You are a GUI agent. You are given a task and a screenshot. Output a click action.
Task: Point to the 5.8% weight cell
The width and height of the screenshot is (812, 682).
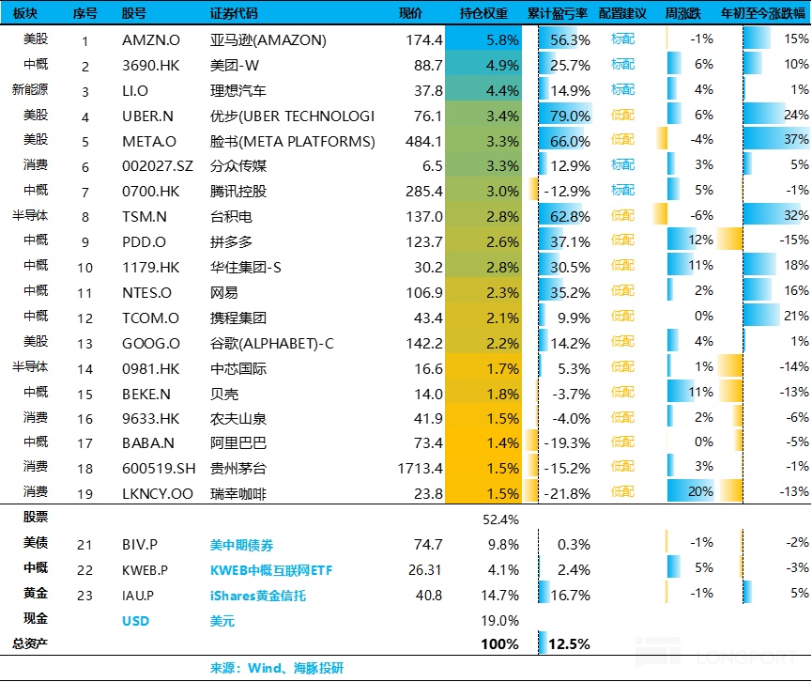pos(503,40)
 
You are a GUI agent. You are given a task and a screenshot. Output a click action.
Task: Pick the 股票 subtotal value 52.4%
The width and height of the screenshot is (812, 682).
pos(500,519)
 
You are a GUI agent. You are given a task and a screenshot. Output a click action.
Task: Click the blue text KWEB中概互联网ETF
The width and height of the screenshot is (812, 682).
pos(271,570)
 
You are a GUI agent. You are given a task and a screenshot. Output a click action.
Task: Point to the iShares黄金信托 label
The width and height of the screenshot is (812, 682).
pos(258,596)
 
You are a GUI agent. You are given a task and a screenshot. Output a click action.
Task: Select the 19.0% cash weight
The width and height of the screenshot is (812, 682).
pos(500,621)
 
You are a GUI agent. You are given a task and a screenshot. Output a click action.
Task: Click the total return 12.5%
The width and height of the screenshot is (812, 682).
pos(570,644)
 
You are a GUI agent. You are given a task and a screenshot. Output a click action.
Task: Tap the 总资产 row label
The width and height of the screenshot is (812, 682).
pos(29,644)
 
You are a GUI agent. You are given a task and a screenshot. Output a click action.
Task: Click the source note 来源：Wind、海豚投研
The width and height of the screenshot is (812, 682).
pos(277,668)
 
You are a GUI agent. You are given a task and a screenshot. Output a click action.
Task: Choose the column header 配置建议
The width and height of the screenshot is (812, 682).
pos(622,14)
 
